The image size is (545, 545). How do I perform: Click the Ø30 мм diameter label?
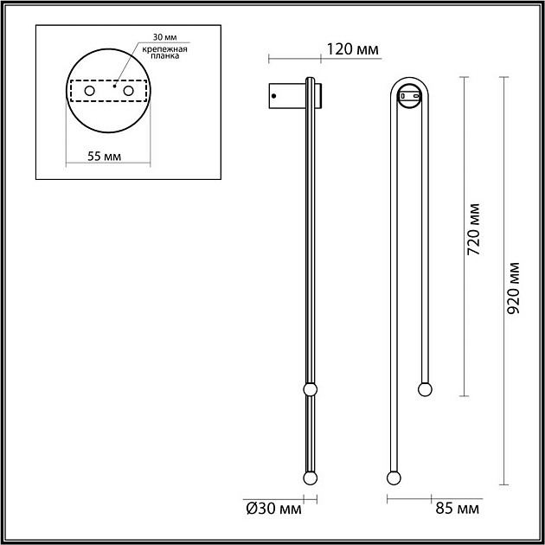(x=274, y=510)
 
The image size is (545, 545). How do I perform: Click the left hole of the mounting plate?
(x=88, y=90)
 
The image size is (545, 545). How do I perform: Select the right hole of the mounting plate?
(x=129, y=90)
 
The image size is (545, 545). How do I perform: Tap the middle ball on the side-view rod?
(x=309, y=388)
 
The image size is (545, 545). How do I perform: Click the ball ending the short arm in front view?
(x=424, y=388)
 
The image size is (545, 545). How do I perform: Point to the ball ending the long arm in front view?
(x=394, y=478)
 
